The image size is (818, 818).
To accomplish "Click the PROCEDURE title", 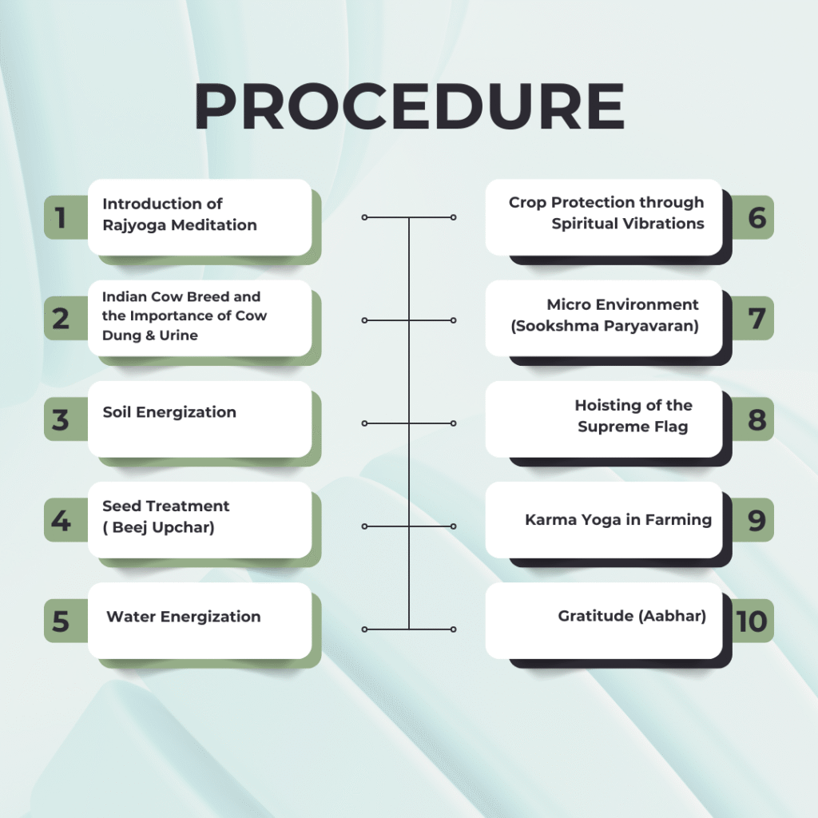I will [x=409, y=107].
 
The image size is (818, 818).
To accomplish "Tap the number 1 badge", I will [x=61, y=218].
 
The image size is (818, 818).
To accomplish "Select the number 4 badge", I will [x=61, y=521].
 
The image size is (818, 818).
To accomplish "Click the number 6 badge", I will [x=756, y=217].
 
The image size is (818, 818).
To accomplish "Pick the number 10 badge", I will [x=752, y=621].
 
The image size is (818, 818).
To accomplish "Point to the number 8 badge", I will [x=756, y=419].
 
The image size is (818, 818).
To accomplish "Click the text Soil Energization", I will [x=169, y=412].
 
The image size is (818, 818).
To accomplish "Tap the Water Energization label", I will [x=183, y=617].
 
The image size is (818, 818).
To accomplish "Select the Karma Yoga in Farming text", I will [x=617, y=520].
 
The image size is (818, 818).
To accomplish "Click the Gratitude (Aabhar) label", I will [x=631, y=617].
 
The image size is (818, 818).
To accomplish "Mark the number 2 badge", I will [x=61, y=319].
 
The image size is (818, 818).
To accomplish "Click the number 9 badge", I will [x=756, y=520].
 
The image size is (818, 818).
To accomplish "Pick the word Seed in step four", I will [x=121, y=506].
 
